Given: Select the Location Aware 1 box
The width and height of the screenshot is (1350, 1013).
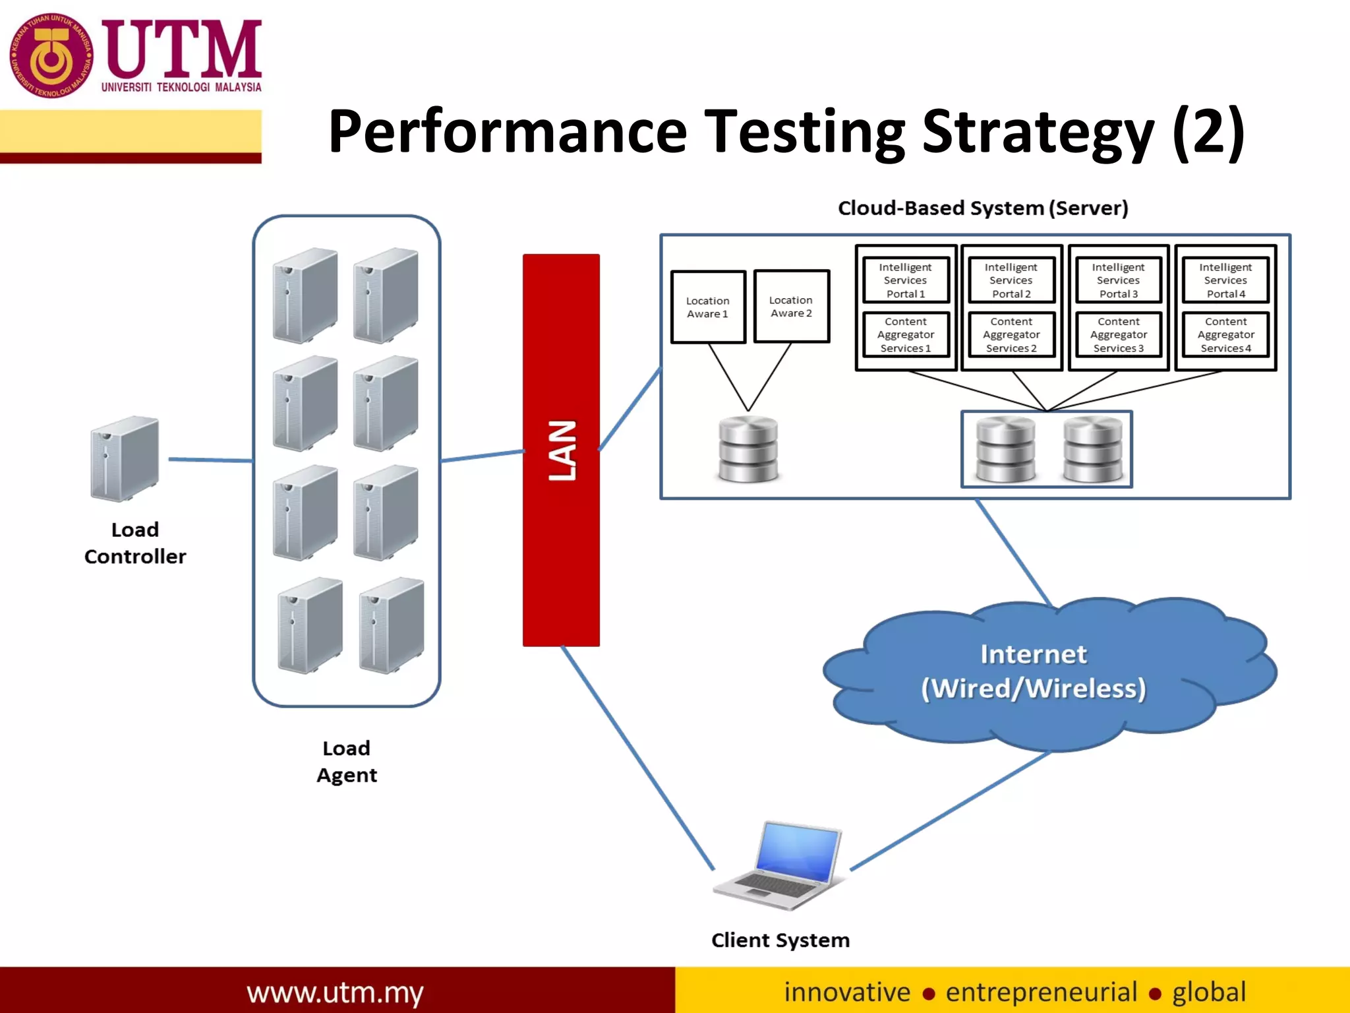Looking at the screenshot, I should pos(708,307).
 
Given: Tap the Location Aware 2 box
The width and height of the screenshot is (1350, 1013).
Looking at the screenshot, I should pos(791,306).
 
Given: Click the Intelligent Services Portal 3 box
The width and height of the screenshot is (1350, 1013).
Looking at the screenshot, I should pos(1118,280).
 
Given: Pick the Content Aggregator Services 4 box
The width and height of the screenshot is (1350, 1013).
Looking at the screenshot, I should pos(1225,335).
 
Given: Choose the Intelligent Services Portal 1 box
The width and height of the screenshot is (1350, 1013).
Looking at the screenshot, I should pos(905,280).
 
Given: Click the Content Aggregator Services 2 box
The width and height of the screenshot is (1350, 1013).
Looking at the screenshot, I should pos(1011,335).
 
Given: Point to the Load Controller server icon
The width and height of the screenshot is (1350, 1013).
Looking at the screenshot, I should pos(125,458).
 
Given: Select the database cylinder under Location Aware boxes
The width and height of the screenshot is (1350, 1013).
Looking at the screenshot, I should pos(748,449).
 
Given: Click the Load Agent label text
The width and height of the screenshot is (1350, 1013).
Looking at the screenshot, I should pos(347,761).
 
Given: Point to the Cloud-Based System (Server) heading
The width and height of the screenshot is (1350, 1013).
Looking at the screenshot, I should pos(983,208).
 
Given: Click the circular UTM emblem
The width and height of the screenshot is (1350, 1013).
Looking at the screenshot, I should pos(51,56).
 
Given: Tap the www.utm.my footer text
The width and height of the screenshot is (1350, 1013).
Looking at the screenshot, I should pos(335,992).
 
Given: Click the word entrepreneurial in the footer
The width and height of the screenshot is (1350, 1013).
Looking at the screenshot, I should pos(1041,992).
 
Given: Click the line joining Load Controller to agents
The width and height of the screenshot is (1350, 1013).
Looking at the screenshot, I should pos(211,460).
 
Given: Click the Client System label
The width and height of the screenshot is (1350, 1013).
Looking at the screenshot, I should pos(780,940).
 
